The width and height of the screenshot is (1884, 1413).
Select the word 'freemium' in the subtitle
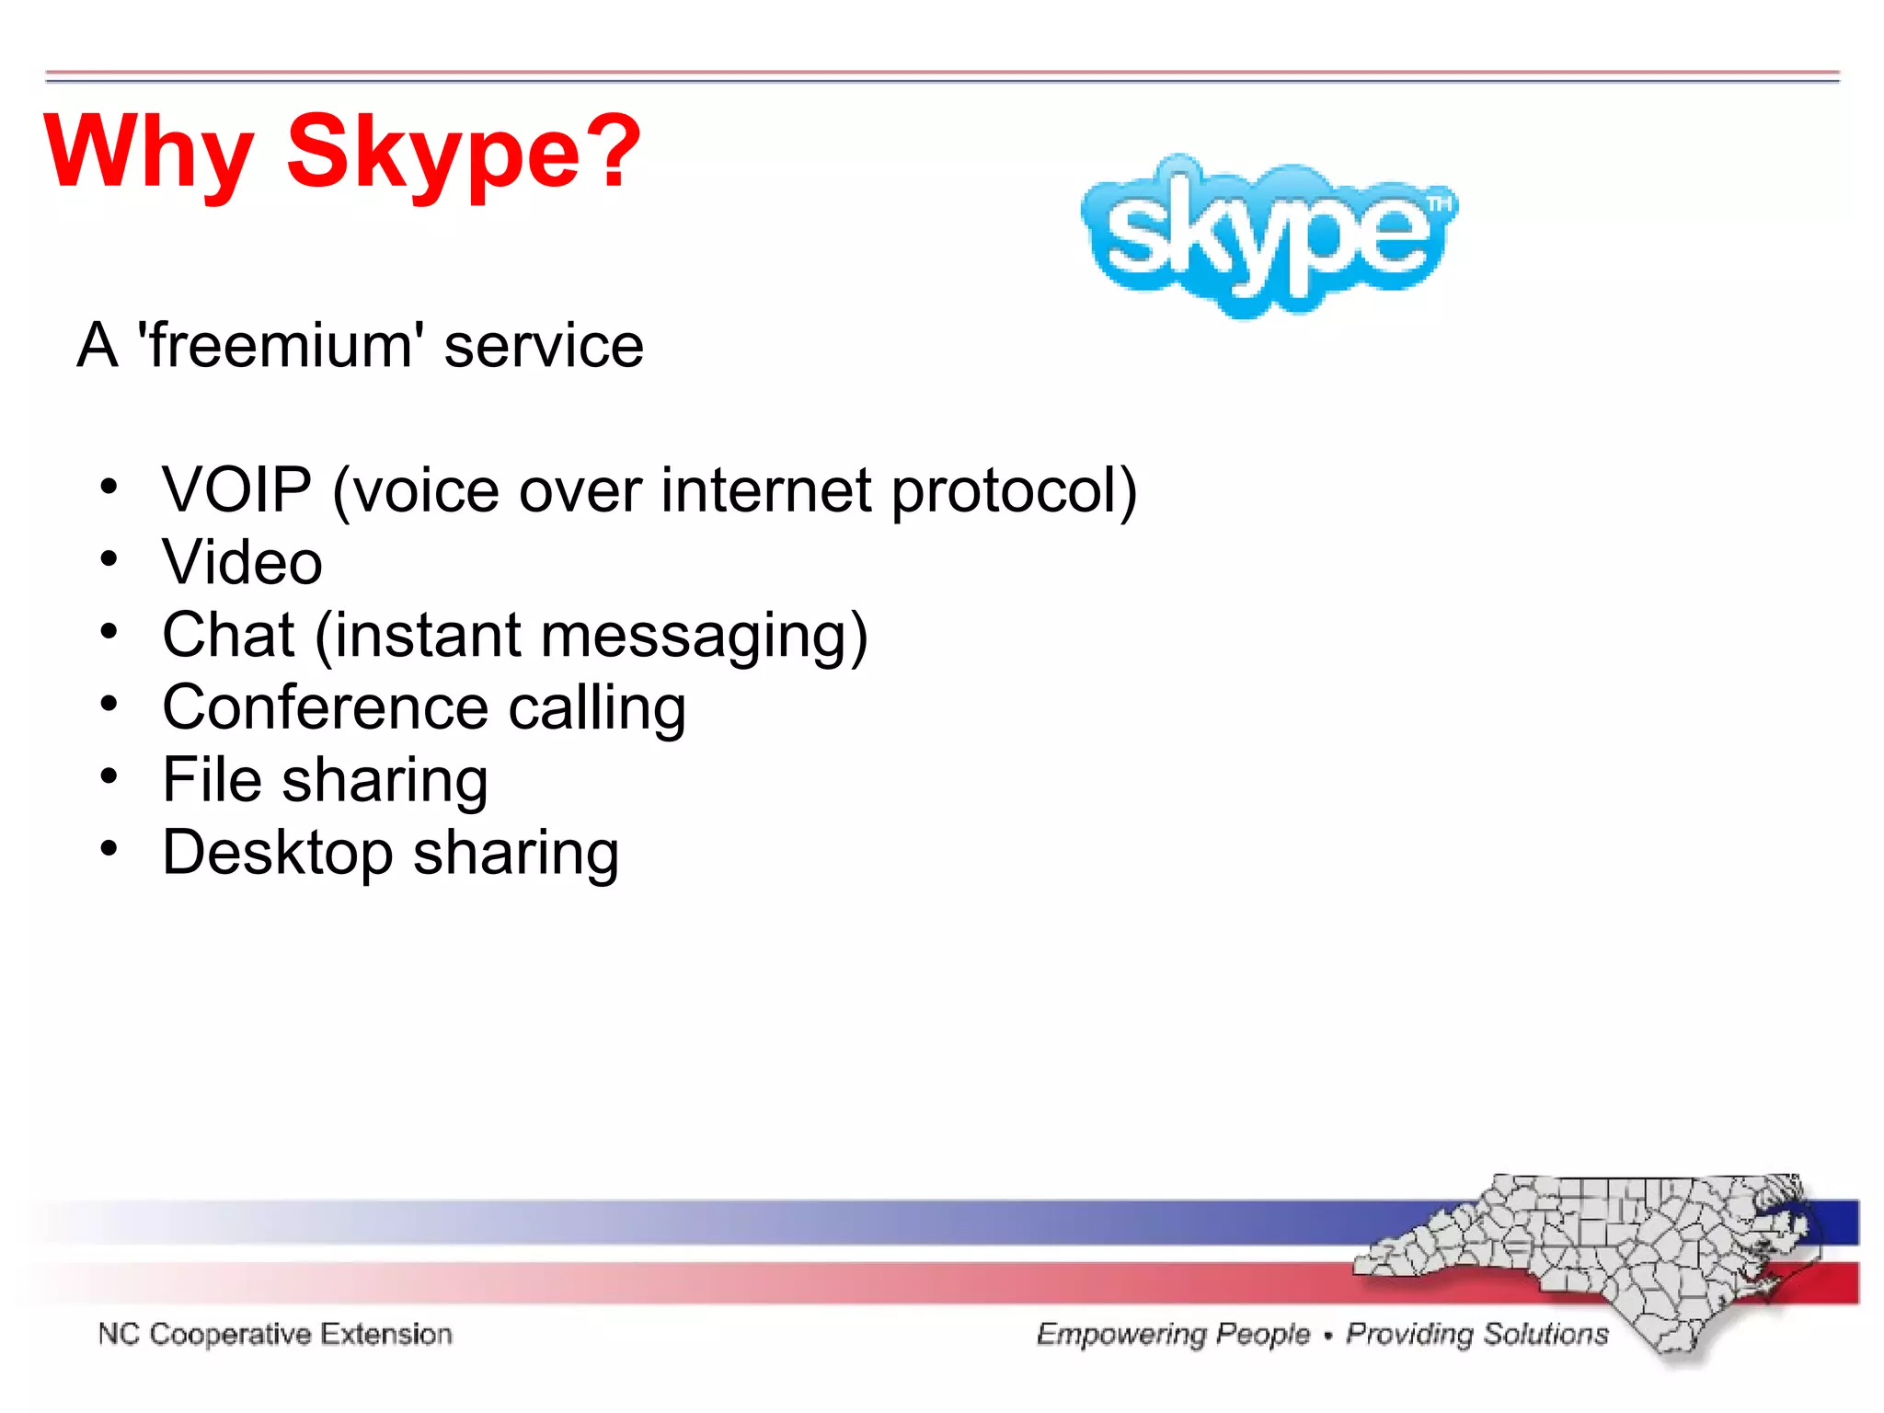[x=280, y=346]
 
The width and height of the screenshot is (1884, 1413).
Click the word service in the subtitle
[x=544, y=346]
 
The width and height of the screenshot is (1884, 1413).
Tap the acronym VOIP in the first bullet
[x=236, y=489]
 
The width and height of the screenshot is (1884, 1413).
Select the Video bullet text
[x=243, y=562]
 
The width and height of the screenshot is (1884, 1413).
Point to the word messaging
[x=705, y=637]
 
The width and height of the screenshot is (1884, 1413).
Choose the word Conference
[x=325, y=707]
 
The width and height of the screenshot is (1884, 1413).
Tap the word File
[x=213, y=779]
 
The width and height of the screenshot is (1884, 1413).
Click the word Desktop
[x=278, y=854]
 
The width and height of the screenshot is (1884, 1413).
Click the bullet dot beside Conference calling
[x=109, y=705]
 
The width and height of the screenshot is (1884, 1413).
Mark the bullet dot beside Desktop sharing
[x=109, y=849]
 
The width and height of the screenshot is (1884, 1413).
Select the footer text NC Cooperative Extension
[x=275, y=1334]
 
